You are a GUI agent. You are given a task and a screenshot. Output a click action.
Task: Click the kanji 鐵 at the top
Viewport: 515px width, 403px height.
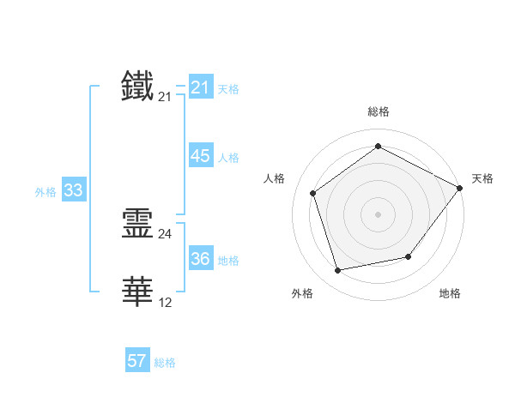pos(138,87)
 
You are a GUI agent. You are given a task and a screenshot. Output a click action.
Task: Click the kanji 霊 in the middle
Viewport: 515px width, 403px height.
pos(138,223)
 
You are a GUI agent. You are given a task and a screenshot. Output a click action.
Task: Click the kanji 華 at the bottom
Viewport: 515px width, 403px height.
pos(138,292)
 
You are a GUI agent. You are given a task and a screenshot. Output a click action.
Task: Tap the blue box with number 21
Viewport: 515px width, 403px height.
pos(200,87)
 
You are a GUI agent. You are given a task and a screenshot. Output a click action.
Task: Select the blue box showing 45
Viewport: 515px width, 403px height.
pos(200,156)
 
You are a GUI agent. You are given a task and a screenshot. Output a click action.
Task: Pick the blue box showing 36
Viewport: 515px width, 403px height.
pos(200,259)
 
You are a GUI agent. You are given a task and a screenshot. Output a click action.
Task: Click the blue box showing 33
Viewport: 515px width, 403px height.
pos(73,190)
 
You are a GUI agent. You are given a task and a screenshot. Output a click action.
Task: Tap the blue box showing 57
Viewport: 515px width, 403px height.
pos(137,361)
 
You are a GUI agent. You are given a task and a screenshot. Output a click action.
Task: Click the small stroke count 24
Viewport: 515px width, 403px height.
pos(165,234)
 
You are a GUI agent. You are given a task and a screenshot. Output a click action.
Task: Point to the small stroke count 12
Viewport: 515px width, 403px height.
pos(165,303)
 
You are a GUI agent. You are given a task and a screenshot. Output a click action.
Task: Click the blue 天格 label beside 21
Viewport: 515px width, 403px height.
pos(228,89)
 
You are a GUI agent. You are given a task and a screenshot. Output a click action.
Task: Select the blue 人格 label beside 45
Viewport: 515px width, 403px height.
pos(228,158)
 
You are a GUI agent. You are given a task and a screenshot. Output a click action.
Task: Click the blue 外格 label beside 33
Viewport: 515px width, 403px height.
pos(45,192)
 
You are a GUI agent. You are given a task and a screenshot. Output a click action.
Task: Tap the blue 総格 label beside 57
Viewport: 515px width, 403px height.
pos(165,363)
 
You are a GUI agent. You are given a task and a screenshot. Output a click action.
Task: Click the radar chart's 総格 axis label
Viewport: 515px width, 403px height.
pos(378,111)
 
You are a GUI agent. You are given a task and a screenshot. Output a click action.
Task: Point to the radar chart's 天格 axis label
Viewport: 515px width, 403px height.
pos(482,178)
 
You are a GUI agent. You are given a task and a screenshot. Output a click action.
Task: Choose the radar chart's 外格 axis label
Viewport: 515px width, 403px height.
pos(302,294)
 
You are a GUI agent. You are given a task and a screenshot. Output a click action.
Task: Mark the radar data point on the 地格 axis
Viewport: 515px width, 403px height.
pos(409,256)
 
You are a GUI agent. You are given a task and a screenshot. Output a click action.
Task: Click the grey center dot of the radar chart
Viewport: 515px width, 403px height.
pos(378,214)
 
